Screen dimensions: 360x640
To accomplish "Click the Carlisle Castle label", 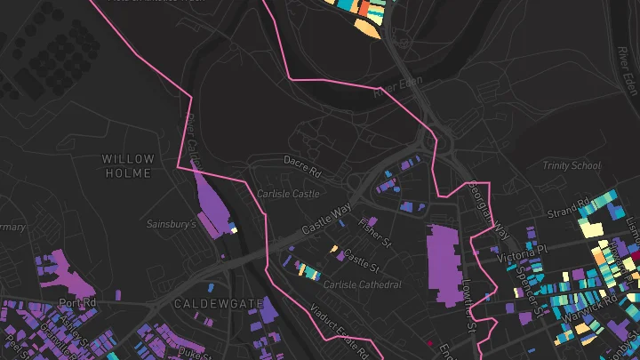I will point(287,193).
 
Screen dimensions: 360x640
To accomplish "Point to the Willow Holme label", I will point(129,166).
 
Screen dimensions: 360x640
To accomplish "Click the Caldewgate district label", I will point(219,304).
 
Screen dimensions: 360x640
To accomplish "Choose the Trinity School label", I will point(572,166).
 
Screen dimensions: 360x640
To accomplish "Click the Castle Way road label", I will point(327,219).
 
